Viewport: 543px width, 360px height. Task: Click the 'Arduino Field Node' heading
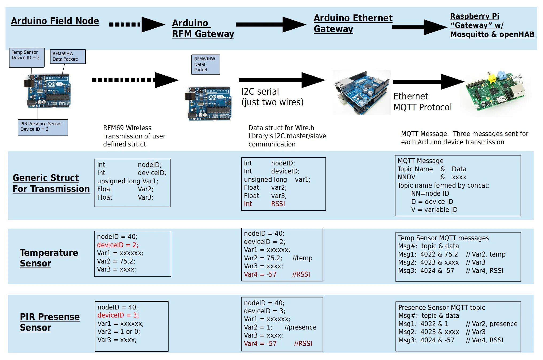pos(55,21)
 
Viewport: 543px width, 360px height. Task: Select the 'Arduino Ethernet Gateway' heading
pos(353,23)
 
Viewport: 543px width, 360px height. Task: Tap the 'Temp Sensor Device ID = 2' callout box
pos(27,57)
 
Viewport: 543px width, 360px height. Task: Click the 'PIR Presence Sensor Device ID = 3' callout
pos(43,127)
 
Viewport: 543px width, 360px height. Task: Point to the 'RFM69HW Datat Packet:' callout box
pos(205,64)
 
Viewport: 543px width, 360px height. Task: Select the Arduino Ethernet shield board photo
pos(361,92)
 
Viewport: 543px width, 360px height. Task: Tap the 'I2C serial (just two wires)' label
pos(272,97)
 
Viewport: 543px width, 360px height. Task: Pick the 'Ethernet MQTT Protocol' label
pos(422,102)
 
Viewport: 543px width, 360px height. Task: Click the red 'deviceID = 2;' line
pos(118,245)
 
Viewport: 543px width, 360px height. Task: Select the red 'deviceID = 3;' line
pos(118,315)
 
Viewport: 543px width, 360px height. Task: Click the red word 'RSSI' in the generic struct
pos(278,204)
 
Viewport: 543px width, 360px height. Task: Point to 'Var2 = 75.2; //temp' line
pos(278,258)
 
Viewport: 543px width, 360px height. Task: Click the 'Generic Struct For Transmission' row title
pos(51,183)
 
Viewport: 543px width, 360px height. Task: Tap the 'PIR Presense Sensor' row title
pos(49,322)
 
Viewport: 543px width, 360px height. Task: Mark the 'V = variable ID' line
pos(434,210)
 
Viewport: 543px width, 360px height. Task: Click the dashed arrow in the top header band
pos(136,25)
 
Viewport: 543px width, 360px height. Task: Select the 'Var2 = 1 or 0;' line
pos(119,331)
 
